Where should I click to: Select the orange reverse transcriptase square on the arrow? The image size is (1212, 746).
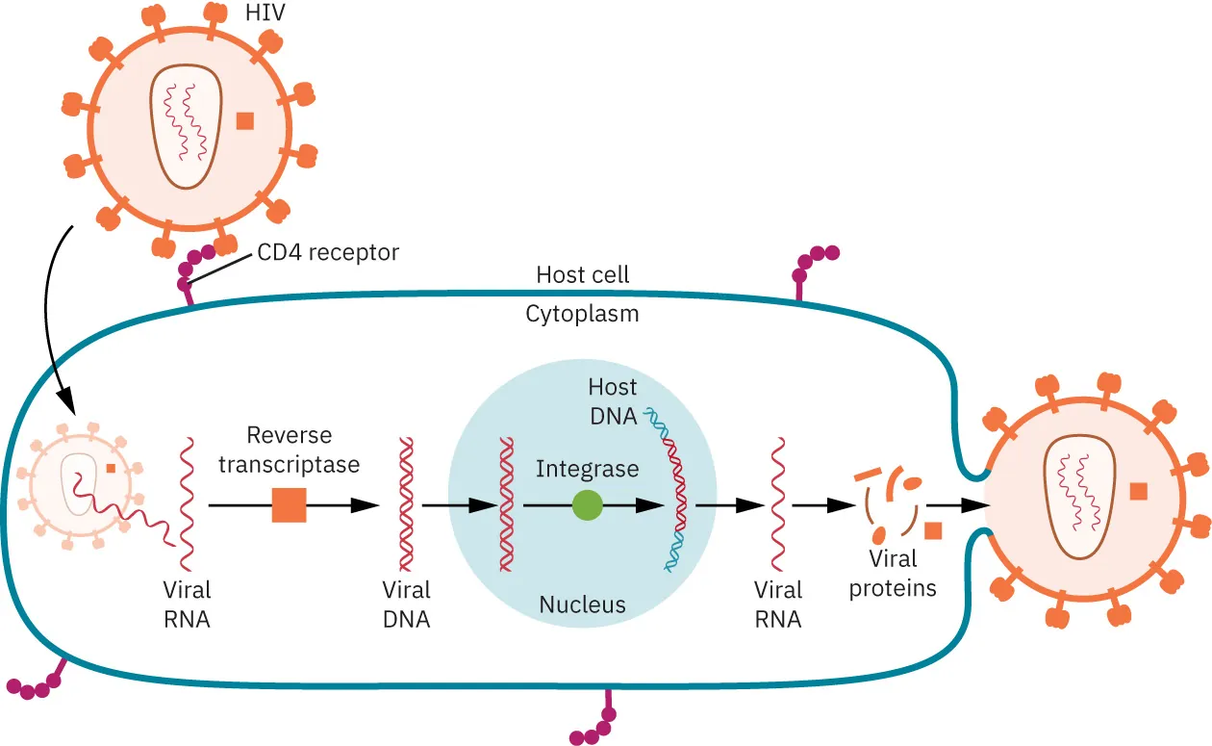click(x=289, y=504)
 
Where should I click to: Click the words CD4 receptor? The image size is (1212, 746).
click(x=328, y=252)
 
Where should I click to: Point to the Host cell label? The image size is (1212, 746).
click(x=583, y=274)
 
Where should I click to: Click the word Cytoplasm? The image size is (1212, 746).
click(x=582, y=314)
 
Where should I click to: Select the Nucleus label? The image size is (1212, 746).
click(x=582, y=605)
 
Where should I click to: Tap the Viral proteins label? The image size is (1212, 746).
click(x=893, y=573)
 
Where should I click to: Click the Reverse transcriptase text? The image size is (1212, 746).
click(x=289, y=450)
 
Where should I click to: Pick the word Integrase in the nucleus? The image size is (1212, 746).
click(x=587, y=469)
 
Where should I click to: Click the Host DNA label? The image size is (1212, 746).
click(x=613, y=401)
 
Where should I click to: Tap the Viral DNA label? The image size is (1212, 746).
click(x=406, y=604)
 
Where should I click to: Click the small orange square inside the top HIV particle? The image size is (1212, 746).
click(x=245, y=120)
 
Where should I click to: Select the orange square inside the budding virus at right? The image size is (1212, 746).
click(x=1138, y=491)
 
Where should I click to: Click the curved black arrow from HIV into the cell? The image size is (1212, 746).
click(x=48, y=318)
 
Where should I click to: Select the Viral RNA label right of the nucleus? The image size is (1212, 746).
click(x=777, y=604)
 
